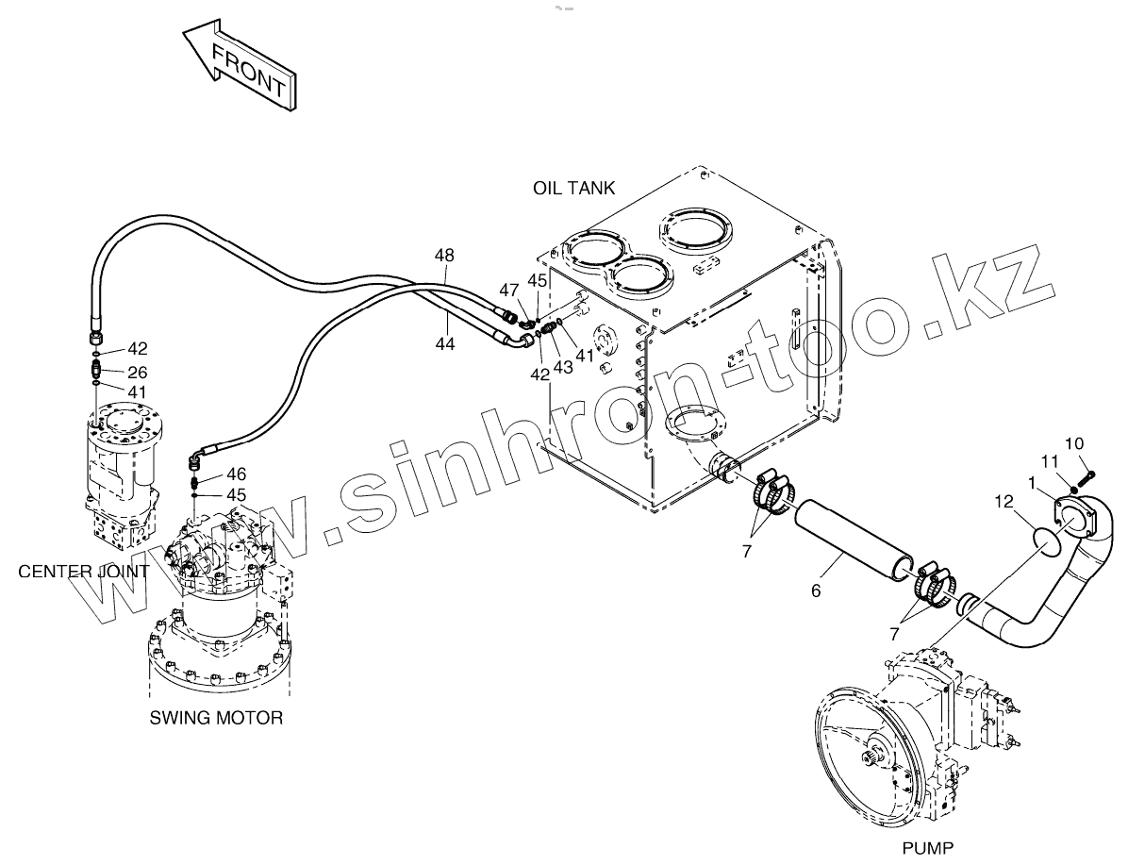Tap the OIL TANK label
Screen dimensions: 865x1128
[x=573, y=188]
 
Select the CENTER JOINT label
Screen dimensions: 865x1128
[x=83, y=572]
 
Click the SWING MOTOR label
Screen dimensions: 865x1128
[x=216, y=718]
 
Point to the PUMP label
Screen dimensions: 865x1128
[x=928, y=847]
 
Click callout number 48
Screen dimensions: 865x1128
[x=444, y=255]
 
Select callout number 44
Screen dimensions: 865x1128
[x=445, y=344]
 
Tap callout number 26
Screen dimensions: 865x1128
[x=138, y=372]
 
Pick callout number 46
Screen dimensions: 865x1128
[x=236, y=474]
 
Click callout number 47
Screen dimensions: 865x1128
[x=509, y=290]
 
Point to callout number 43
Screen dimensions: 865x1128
[x=562, y=366]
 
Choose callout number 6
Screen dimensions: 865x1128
[x=816, y=591]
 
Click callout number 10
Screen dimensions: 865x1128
[x=1075, y=443]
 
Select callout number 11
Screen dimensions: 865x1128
[x=1049, y=460]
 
